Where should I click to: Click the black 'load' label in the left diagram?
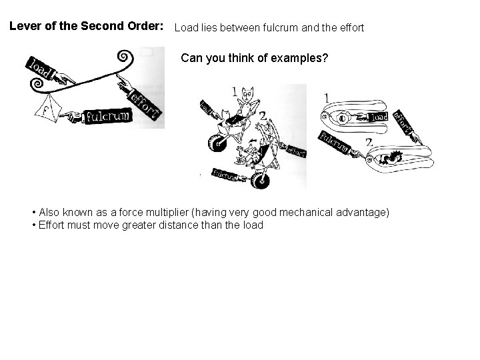[x=41, y=71]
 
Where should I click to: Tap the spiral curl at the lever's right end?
[x=125, y=59]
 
